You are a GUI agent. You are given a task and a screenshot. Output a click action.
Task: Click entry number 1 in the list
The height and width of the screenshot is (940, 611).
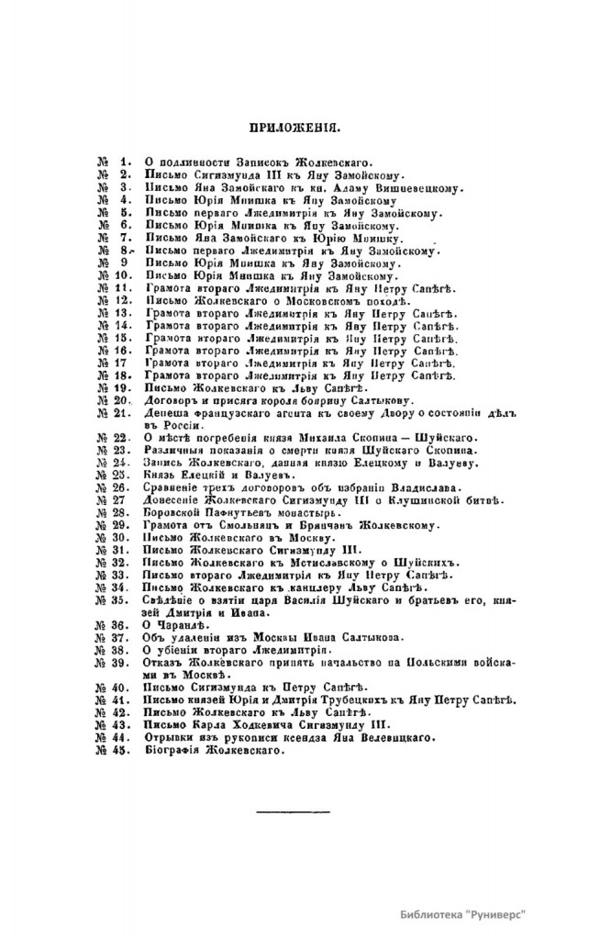129,162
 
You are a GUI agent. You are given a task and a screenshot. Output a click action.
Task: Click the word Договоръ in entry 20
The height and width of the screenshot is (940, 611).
171,400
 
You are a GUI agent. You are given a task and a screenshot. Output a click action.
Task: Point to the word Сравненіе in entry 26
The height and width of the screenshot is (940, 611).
174,487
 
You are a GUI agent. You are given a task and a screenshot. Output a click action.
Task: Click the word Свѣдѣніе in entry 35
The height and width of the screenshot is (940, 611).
173,599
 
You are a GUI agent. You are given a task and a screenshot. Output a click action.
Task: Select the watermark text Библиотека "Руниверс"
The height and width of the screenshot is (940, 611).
468,915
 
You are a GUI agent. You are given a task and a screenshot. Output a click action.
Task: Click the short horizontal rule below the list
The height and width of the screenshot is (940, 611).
280,812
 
